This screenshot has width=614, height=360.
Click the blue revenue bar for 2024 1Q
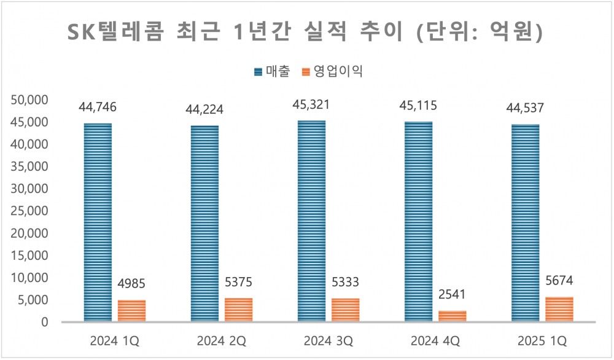coord(98,222)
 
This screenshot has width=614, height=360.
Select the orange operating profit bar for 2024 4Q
coord(453,316)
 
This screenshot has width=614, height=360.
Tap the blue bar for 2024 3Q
coord(311,221)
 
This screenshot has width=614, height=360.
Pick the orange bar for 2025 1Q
coord(559,309)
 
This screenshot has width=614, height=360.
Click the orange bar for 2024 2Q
coord(239,310)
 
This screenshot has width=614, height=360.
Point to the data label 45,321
coord(311,104)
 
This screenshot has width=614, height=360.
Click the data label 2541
coord(453,296)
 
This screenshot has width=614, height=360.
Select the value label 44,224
coord(204,110)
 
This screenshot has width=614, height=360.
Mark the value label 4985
coord(131,286)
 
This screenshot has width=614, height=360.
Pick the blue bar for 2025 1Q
coord(525,223)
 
